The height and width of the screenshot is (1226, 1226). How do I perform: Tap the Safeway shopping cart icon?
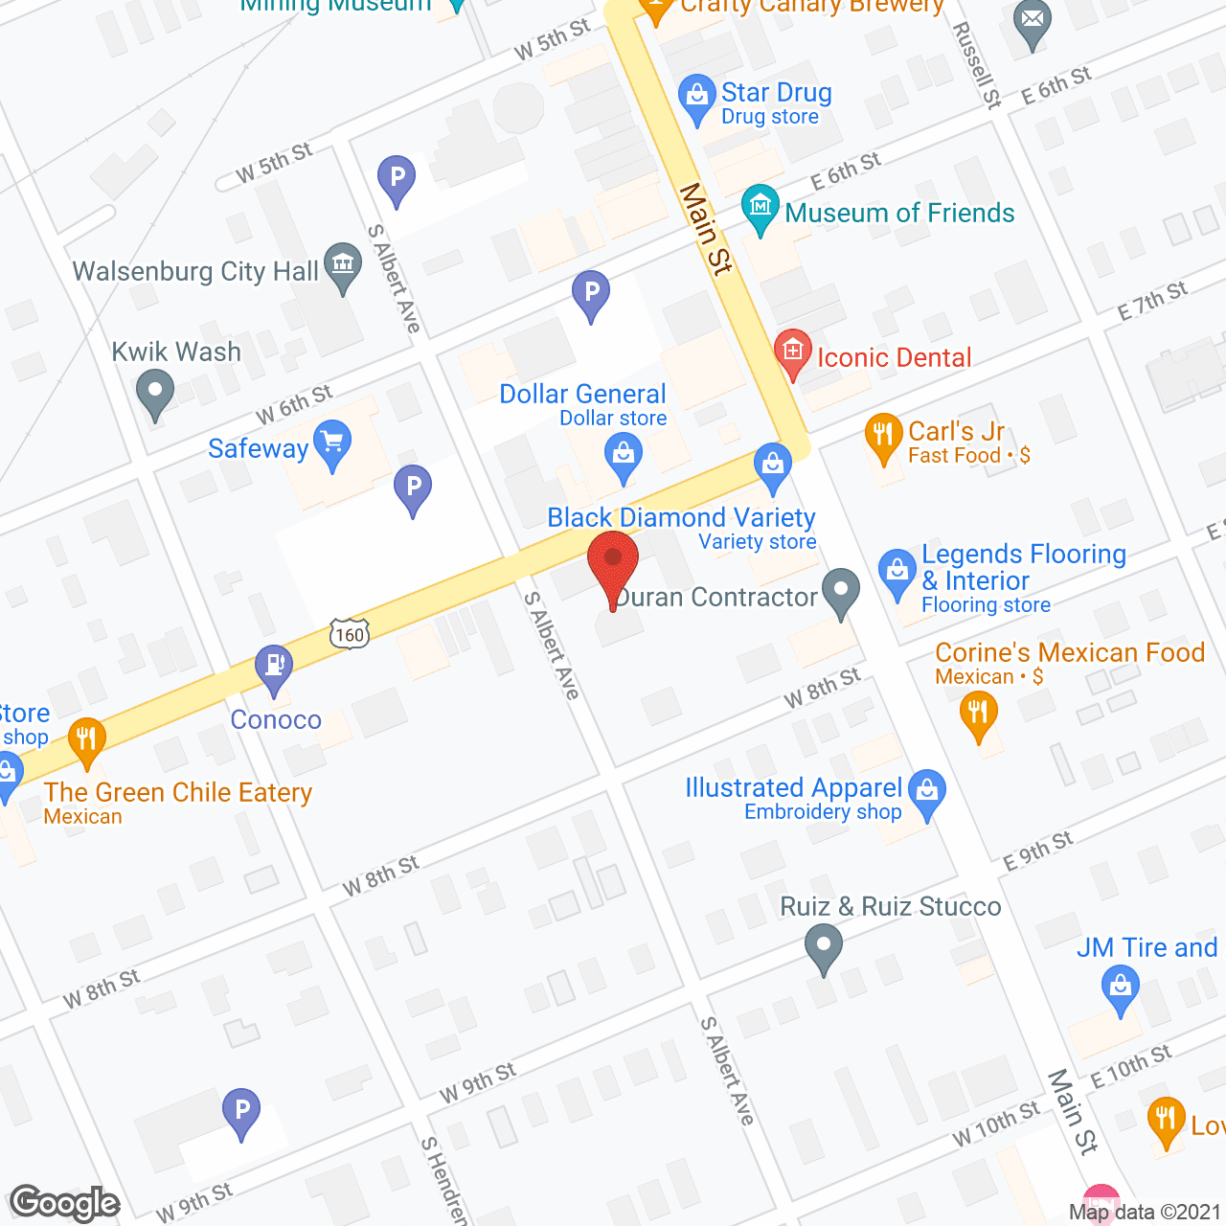pyautogui.click(x=332, y=444)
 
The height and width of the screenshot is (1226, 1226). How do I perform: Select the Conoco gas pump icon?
pyautogui.click(x=275, y=667)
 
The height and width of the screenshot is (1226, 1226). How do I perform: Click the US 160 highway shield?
pyautogui.click(x=350, y=634)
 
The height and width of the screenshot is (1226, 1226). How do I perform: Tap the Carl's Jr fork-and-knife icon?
pyautogui.click(x=883, y=437)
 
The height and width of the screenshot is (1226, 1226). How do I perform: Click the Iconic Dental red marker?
pyautogui.click(x=793, y=353)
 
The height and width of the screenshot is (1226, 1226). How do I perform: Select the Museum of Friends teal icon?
pyautogui.click(x=761, y=208)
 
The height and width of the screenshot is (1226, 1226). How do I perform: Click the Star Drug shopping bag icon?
pyautogui.click(x=696, y=97)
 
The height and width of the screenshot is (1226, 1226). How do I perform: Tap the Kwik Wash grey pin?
pyautogui.click(x=154, y=393)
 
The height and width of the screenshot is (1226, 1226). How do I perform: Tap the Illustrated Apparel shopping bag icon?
pyautogui.click(x=926, y=793)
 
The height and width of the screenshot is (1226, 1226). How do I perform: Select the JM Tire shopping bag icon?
pyautogui.click(x=1120, y=988)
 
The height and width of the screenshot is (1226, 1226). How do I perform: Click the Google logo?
pyautogui.click(x=65, y=1203)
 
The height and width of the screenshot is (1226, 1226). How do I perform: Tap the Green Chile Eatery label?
pyautogui.click(x=178, y=793)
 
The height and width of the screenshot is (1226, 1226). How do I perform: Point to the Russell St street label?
pyautogui.click(x=976, y=64)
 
